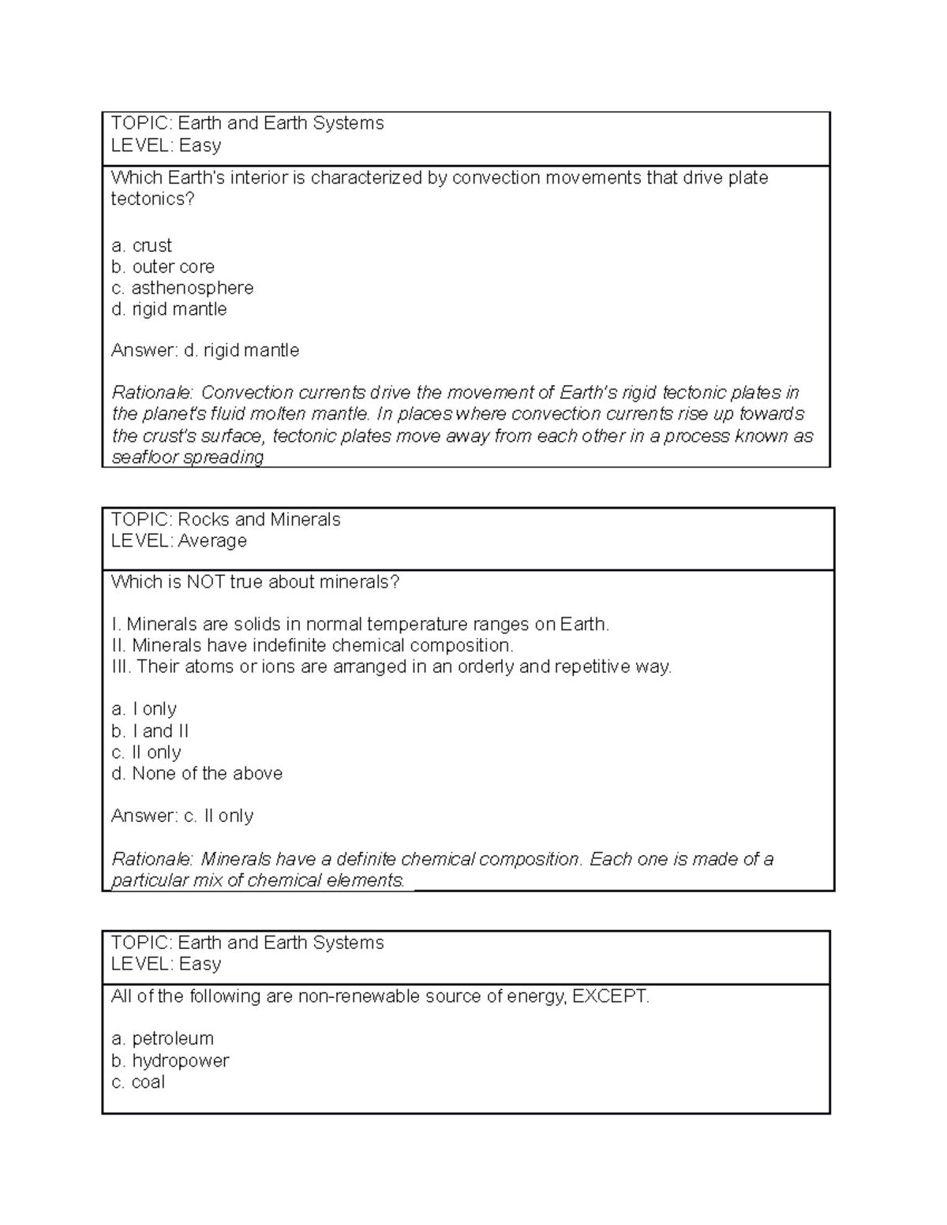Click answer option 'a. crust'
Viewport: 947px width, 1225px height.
tap(141, 245)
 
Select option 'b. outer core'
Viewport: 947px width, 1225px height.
tap(163, 267)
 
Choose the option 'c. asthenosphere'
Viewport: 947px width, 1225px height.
tap(182, 288)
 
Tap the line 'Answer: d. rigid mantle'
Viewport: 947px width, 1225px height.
tap(205, 350)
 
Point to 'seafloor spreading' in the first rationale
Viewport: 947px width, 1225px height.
tap(188, 458)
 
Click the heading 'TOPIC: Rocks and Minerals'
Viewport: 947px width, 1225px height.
tap(226, 519)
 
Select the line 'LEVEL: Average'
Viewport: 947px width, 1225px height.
tap(179, 540)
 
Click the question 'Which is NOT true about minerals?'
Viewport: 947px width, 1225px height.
tap(256, 582)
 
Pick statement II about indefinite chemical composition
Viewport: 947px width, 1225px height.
tap(313, 645)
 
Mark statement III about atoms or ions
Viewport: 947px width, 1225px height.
tap(391, 667)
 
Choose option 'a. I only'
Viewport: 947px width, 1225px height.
tap(144, 709)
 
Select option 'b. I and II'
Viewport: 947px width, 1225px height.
tap(150, 731)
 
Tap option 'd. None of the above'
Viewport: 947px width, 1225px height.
tap(197, 773)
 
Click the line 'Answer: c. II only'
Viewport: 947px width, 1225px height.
tap(182, 816)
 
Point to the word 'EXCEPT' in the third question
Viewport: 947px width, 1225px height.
tap(609, 996)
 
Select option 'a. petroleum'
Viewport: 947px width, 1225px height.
tap(163, 1039)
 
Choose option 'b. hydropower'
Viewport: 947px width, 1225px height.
tap(170, 1061)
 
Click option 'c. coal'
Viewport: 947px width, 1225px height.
tap(138, 1082)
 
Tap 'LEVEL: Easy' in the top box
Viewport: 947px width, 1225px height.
tap(167, 145)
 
